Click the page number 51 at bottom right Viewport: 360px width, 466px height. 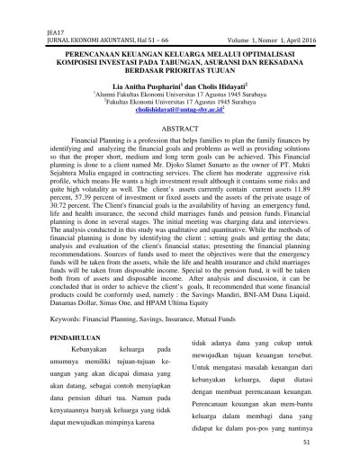coord(307,441)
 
